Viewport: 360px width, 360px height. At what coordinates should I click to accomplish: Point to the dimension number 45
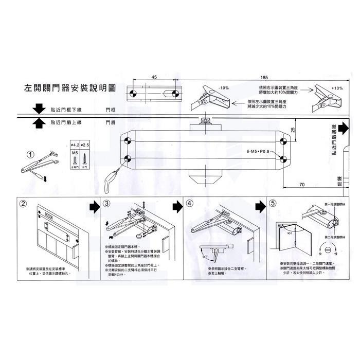[x=154, y=77]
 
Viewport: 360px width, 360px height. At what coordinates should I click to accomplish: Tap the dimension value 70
[x=301, y=184]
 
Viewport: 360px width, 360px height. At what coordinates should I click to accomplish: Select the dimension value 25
[x=292, y=130]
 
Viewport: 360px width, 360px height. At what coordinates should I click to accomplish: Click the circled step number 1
[x=31, y=154]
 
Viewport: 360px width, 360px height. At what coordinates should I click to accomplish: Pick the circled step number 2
[x=24, y=203]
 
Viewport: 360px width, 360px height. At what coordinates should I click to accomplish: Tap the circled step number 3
[x=107, y=203]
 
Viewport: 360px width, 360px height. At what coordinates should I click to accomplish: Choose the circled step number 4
[x=190, y=203]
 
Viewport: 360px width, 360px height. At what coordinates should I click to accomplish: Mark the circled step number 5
[x=273, y=203]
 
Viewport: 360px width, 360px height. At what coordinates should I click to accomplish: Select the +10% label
[x=337, y=88]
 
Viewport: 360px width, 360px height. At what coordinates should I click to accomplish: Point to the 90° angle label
[x=205, y=256]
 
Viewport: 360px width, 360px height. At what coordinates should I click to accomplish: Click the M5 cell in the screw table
[x=74, y=153]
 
